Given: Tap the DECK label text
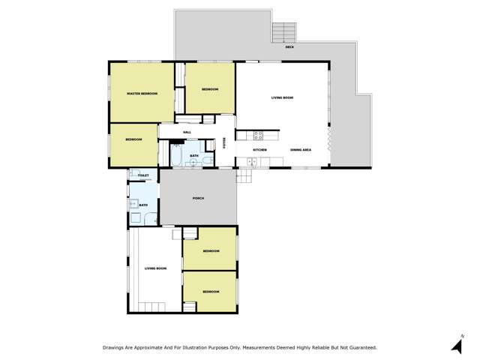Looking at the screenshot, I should point(289,47).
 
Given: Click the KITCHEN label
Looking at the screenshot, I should point(259,151).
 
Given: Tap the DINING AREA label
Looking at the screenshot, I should point(301,151).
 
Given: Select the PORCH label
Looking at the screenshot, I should point(199,198).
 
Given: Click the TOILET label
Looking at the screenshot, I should point(143,175).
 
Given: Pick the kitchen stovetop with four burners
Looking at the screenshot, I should point(257,136).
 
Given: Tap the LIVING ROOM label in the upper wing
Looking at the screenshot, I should point(282,97).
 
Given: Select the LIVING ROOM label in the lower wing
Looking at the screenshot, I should point(155,268).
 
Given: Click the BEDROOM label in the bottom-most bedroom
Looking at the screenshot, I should point(211,291).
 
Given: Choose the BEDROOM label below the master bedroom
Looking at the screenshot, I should point(133,140).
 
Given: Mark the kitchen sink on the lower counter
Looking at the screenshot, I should point(252,161).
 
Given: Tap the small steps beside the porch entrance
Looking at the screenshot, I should point(243,176).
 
